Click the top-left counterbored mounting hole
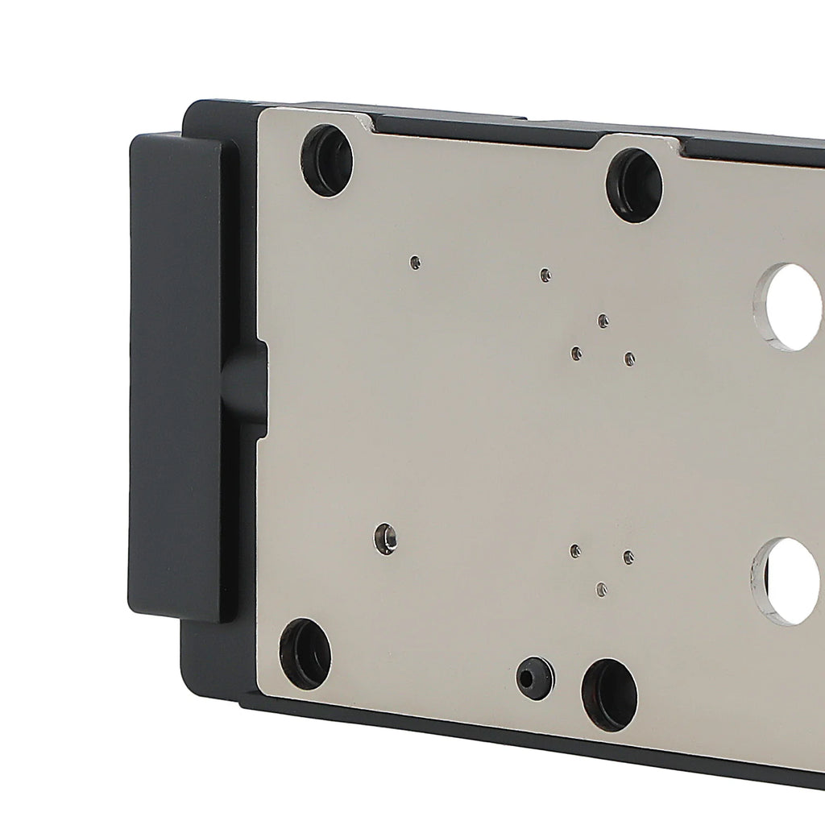pos(326,160)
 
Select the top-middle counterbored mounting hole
pos(634,186)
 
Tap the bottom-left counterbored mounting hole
pos(306,653)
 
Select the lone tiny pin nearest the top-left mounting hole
pos(415,262)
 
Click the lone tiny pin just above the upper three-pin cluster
pos(545,276)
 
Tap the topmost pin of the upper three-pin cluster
pos(603,321)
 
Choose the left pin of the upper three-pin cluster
pos(576,353)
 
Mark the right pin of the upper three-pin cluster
pos(629,359)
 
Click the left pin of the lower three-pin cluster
pos(575,551)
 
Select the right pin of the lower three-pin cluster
pos(628,557)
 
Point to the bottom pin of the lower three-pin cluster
pos(601,590)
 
